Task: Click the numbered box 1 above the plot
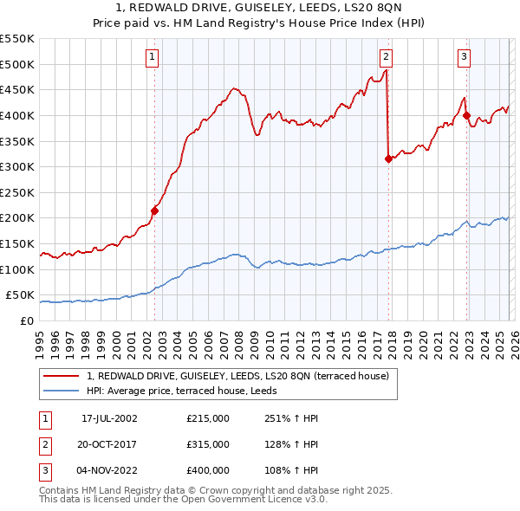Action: coord(153,57)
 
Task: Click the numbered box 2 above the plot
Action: coord(386,57)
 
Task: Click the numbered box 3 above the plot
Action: coord(465,57)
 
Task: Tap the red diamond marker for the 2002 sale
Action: coord(155,210)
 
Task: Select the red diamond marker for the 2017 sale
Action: coord(388,158)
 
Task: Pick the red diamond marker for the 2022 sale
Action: coord(466,115)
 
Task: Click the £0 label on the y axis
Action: coord(27,320)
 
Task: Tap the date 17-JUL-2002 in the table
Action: coord(109,418)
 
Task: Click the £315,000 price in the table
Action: coord(208,444)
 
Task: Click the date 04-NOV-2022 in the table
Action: coord(109,470)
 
